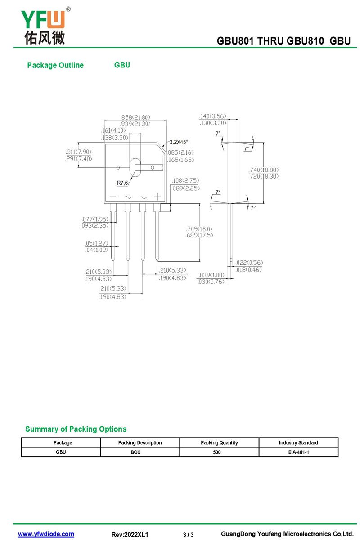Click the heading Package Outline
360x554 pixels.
coord(55,65)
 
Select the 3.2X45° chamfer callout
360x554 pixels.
coord(179,142)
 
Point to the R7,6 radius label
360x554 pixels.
coord(122,183)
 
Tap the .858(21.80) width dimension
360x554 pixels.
coord(135,117)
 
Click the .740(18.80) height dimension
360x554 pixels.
coord(264,170)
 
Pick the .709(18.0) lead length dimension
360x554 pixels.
coord(199,229)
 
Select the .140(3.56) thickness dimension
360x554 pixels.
coord(213,116)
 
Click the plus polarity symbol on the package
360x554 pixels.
coord(157,197)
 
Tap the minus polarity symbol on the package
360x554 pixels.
coord(112,197)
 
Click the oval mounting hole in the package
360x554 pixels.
coord(135,167)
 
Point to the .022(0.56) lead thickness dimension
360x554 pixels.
coord(249,263)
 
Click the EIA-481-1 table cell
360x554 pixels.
coord(298,452)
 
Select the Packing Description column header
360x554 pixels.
coord(140,442)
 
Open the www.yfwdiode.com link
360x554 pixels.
coord(46,534)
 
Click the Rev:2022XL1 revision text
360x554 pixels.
coord(130,535)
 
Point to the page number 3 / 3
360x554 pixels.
coord(188,535)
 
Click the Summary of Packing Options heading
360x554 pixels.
coord(76,429)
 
